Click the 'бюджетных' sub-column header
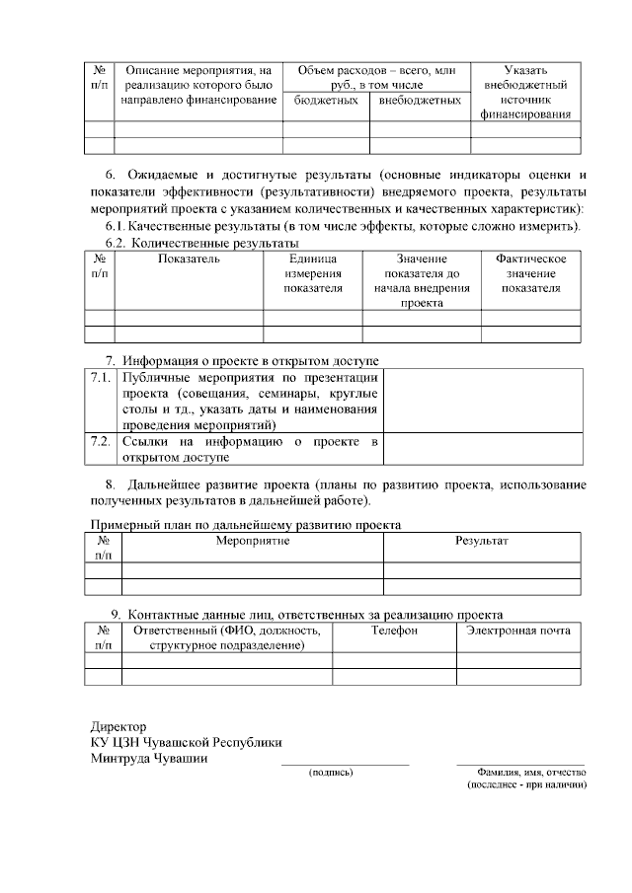pyautogui.click(x=325, y=100)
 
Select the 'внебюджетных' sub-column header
pyautogui.click(x=420, y=100)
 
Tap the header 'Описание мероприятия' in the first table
pyautogui.click(x=198, y=86)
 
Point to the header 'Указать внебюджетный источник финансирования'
pyautogui.click(x=524, y=93)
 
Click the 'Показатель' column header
pyautogui.click(x=189, y=259)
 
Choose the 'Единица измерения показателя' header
pyautogui.click(x=312, y=273)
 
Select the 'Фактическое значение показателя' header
pyautogui.click(x=530, y=273)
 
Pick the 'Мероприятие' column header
pyautogui.click(x=252, y=543)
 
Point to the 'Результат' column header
pyautogui.click(x=481, y=543)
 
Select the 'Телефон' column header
pyautogui.click(x=394, y=630)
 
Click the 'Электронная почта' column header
pyautogui.click(x=518, y=630)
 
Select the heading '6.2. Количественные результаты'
pyautogui.click(x=201, y=243)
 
